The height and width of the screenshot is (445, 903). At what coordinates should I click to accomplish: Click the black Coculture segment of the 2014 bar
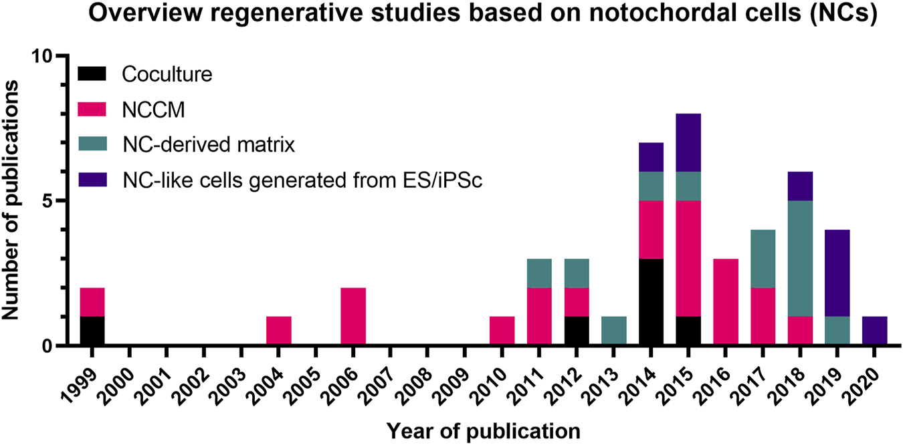click(x=651, y=302)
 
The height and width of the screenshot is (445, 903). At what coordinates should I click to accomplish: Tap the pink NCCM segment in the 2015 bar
click(x=688, y=259)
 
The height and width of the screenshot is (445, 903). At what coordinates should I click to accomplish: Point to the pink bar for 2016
click(x=726, y=302)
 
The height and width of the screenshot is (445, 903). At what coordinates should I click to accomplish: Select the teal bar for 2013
click(x=613, y=331)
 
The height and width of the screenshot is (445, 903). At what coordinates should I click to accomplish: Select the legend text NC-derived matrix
click(x=208, y=144)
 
